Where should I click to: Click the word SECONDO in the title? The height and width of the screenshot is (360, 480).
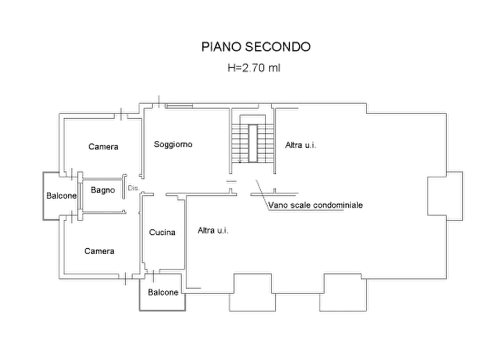click(278, 47)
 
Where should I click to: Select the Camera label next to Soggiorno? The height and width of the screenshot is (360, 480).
click(104, 147)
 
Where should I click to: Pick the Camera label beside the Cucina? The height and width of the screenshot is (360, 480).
click(100, 251)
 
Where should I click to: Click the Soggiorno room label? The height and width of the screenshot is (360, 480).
click(173, 144)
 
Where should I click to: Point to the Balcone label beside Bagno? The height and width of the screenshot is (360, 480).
click(61, 196)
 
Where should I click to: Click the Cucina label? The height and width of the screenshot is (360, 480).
click(163, 233)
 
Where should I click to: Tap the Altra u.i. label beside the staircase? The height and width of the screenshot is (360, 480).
click(302, 145)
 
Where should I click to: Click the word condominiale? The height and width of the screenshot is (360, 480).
click(338, 205)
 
